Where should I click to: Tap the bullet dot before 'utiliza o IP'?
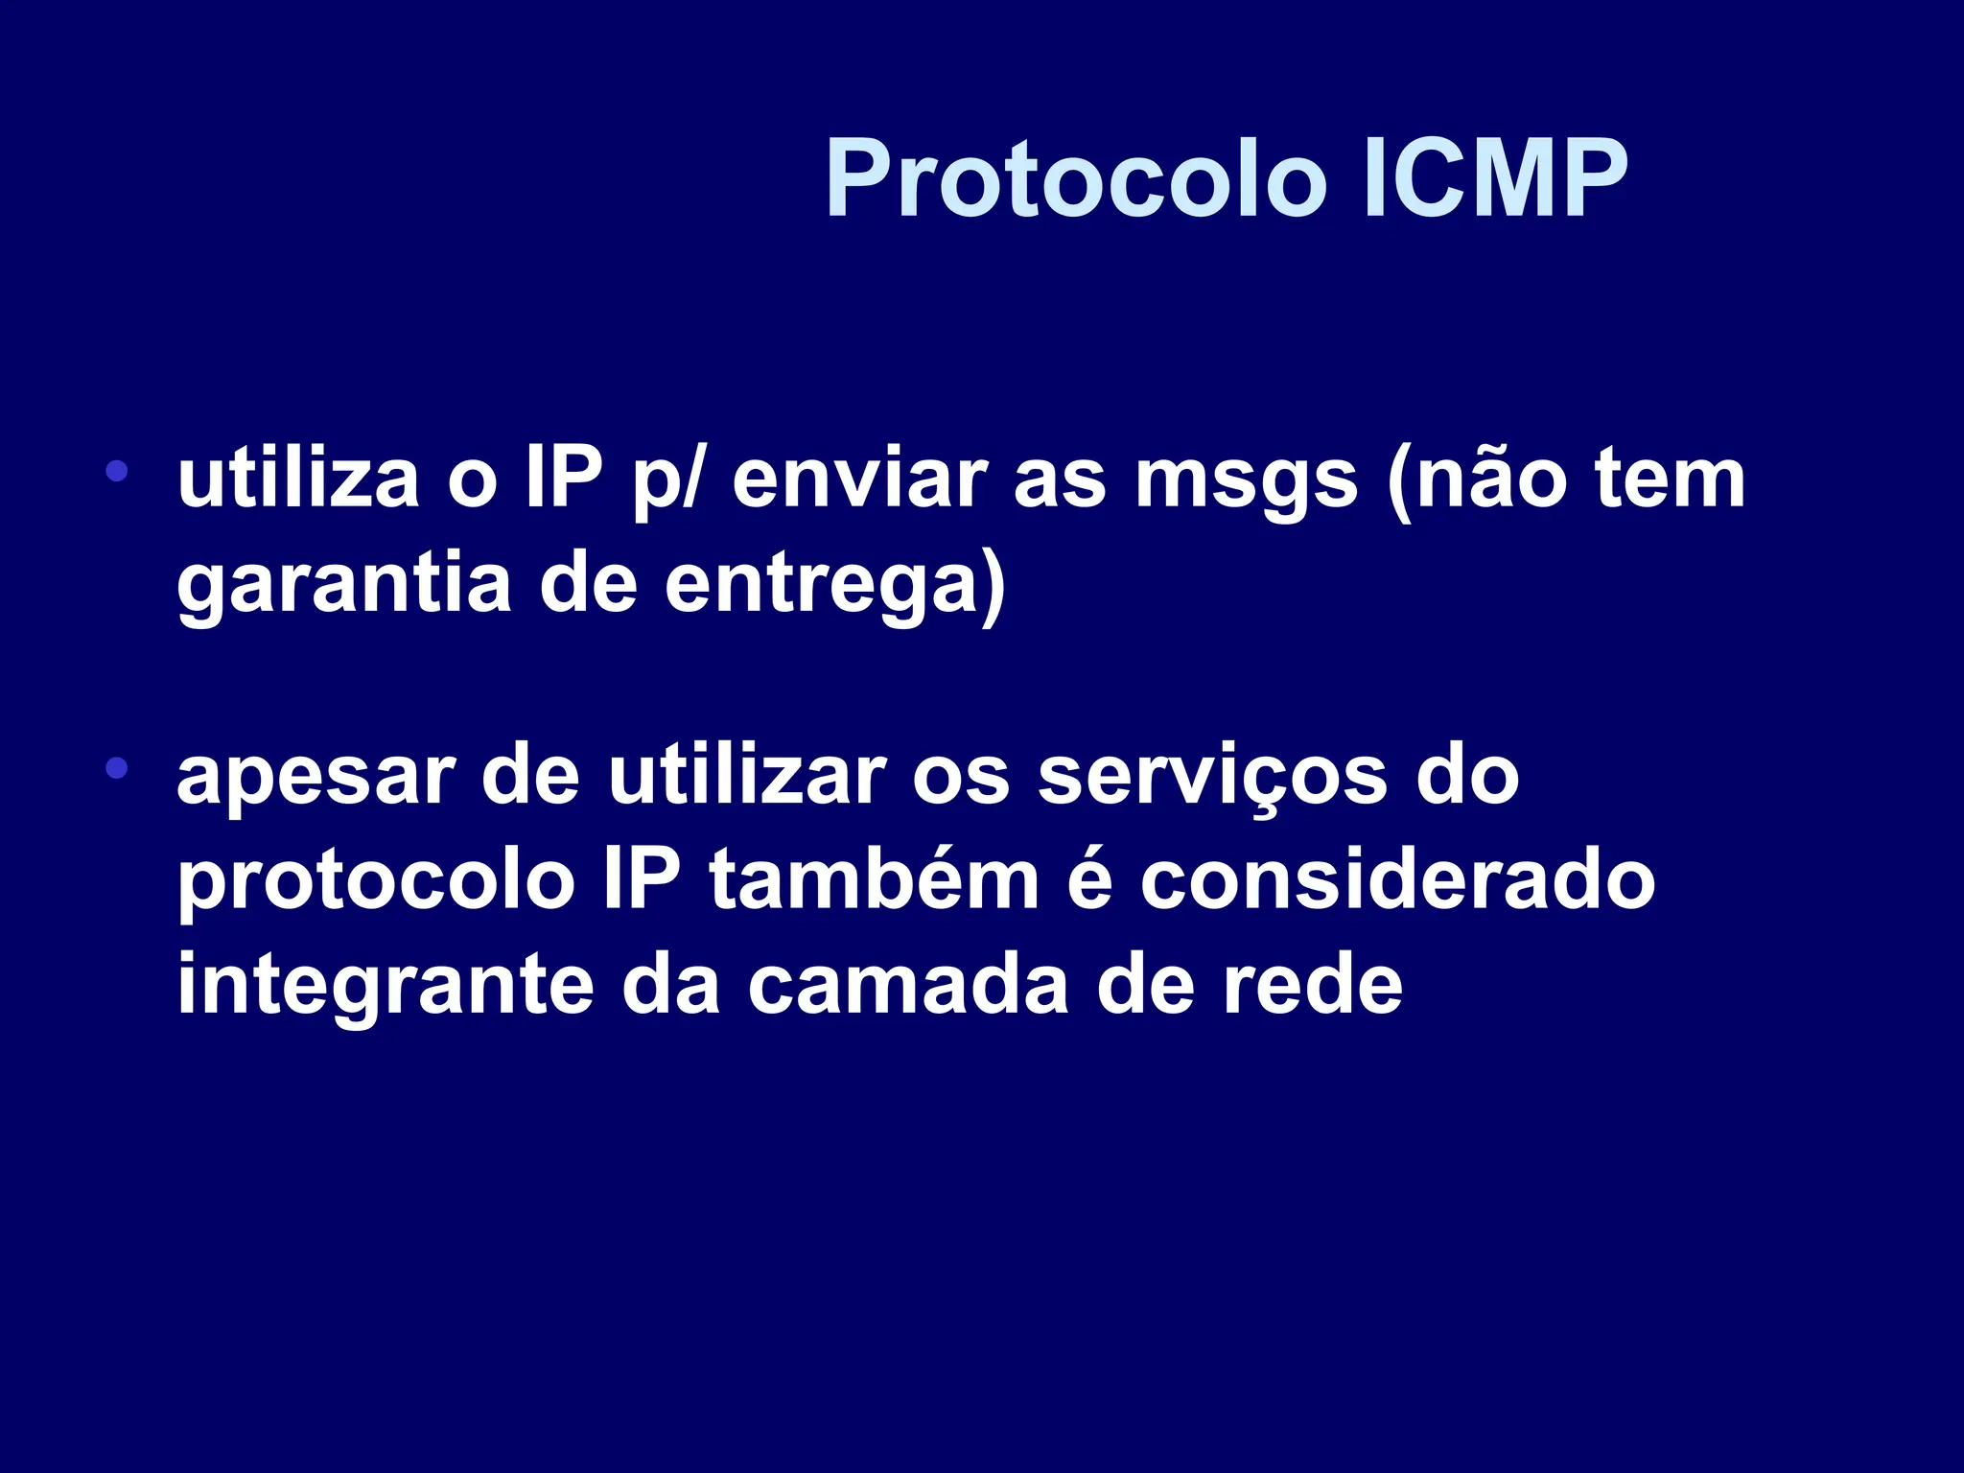click(117, 471)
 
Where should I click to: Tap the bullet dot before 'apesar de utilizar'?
click(117, 767)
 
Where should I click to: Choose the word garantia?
click(344, 585)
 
